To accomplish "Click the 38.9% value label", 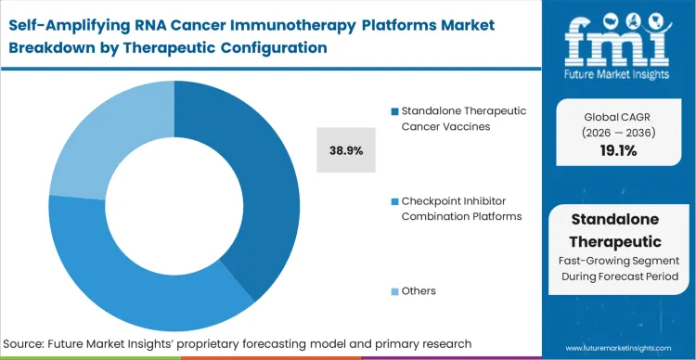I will point(346,148).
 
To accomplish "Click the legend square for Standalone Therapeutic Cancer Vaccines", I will point(394,111).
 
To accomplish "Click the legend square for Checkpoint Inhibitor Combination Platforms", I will point(394,201).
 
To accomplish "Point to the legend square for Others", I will point(394,291).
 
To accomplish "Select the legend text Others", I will point(419,291).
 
